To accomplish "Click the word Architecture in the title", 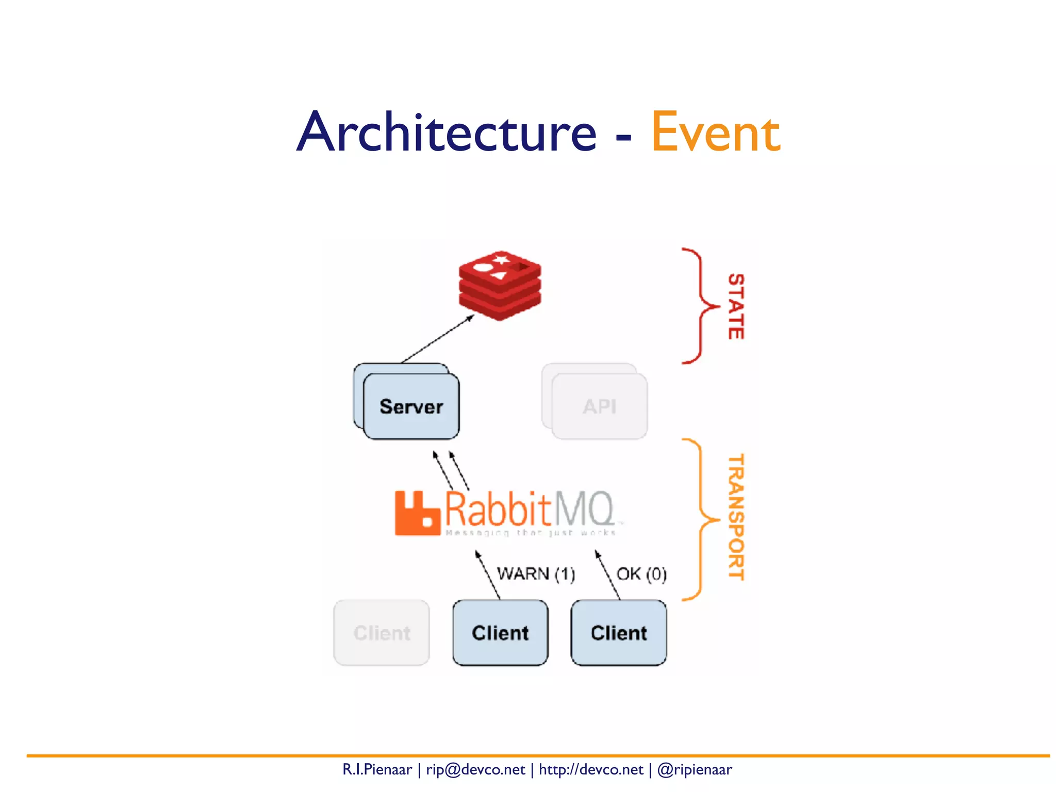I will (447, 133).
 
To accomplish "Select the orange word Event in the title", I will (716, 133).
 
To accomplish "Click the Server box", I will (411, 406).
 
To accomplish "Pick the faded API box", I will (599, 406).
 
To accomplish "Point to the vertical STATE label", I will (736, 306).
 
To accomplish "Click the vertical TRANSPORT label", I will (736, 517).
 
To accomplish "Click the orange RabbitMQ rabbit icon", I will (417, 513).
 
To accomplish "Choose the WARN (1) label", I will (536, 574).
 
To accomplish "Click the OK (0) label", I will (641, 574).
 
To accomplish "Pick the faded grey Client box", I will (382, 633).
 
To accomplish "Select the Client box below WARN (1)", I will (500, 633).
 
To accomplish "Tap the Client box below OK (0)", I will (619, 633).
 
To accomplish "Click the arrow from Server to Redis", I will (437, 339).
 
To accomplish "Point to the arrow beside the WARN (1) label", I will (487, 574).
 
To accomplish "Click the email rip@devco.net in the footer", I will (475, 770).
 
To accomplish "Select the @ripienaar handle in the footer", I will (695, 770).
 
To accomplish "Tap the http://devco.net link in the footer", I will (591, 770).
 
